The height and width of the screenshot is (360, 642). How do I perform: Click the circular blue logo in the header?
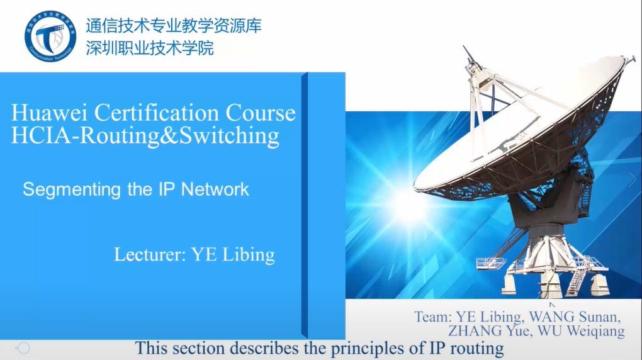pos(50,37)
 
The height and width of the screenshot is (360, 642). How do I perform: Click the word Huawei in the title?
pos(49,113)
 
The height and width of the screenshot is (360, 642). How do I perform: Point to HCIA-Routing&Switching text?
pos(145,136)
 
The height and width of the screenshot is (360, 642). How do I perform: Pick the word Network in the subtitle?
pos(215,189)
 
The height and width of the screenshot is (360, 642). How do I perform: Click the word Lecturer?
pos(150,254)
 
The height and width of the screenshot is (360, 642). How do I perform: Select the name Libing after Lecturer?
pos(249,255)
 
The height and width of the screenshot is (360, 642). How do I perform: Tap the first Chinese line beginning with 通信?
pos(174,26)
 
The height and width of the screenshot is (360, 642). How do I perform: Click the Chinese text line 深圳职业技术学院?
pos(150,48)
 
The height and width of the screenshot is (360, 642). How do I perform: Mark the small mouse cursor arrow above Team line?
pos(553,305)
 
